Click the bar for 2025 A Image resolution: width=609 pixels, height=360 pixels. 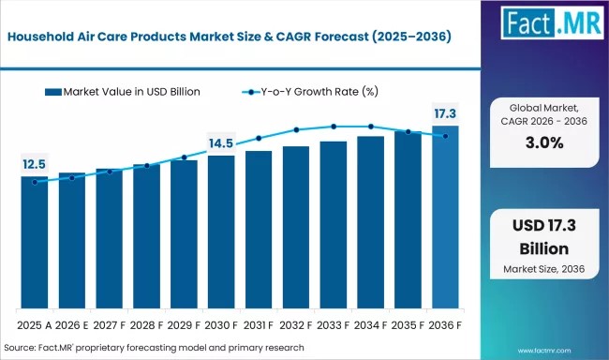click(35, 243)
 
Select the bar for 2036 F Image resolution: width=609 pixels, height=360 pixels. click(445, 217)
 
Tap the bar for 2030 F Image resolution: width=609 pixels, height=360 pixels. click(221, 232)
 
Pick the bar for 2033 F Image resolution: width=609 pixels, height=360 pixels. click(334, 225)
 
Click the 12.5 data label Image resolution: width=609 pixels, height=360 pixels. click(34, 164)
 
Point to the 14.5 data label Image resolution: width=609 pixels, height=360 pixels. click(221, 143)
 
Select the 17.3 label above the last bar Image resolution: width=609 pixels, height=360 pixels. click(445, 113)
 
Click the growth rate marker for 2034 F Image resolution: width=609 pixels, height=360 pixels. click(371, 127)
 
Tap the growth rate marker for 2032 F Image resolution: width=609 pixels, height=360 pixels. click(296, 130)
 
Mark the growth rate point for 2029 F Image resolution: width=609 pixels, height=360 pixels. click(184, 157)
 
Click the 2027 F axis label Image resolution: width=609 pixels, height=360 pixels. click(109, 325)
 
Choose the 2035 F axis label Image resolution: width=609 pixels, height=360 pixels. click(408, 325)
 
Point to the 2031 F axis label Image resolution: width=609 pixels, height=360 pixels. click(259, 325)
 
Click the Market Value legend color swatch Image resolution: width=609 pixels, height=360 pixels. click(53, 92)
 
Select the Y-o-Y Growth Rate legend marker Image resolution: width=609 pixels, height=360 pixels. click(251, 92)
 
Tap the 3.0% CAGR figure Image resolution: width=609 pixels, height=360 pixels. click(544, 142)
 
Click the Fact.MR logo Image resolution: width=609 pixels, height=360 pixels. click(552, 22)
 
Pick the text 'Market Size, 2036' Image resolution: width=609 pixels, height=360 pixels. click(543, 269)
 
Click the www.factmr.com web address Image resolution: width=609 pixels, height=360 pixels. click(544, 351)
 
